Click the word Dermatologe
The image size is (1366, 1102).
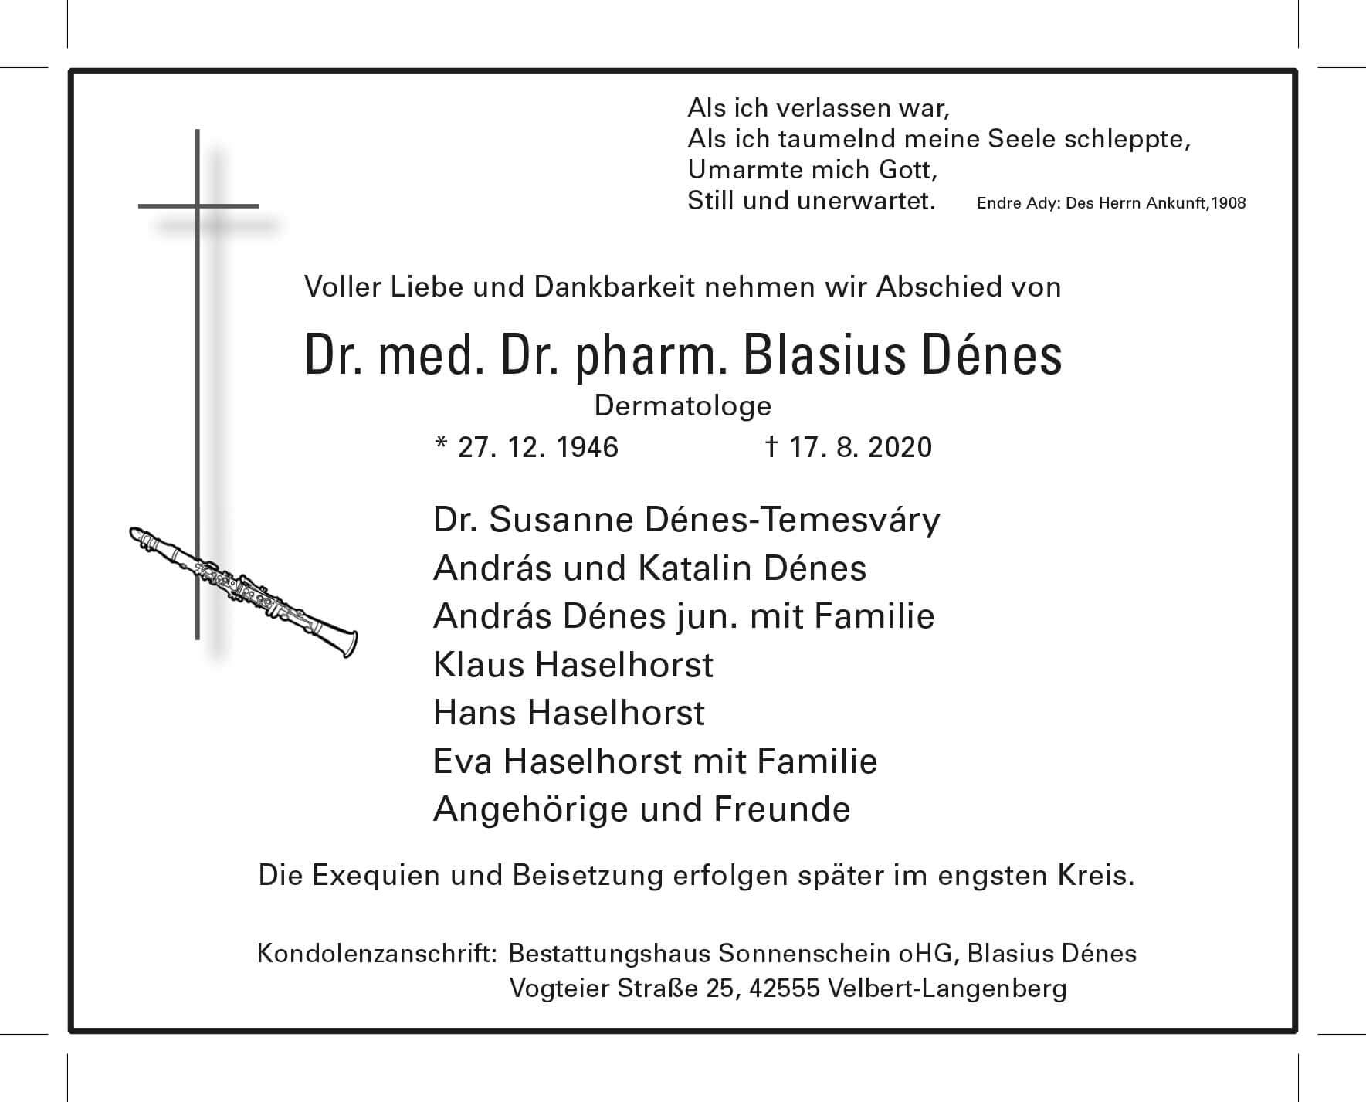683,405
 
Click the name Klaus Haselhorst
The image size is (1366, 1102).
573,664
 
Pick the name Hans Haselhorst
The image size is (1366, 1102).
569,712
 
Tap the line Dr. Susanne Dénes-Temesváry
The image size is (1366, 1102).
686,520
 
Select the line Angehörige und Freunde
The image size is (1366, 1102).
642,809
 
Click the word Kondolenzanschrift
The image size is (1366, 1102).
375,953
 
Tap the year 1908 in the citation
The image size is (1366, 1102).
1229,204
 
